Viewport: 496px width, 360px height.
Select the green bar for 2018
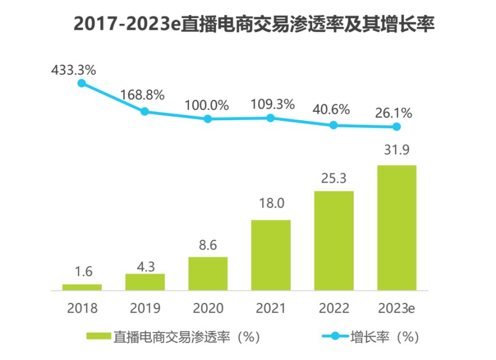click(82, 286)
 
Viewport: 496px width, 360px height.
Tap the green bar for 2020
click(208, 273)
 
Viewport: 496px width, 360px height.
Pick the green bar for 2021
click(271, 254)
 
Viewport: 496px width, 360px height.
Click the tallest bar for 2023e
click(397, 228)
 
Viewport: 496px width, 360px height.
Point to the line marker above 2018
click(82, 83)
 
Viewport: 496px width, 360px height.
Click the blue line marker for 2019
click(145, 111)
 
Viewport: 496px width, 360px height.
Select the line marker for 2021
click(271, 118)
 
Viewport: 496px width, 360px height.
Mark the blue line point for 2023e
click(397, 127)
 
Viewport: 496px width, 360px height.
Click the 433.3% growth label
click(74, 70)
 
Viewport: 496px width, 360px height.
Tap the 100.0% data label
click(207, 106)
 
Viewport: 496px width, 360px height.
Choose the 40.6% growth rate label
click(331, 110)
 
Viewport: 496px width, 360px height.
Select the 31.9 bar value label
click(397, 151)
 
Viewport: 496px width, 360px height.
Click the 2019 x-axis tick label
click(145, 308)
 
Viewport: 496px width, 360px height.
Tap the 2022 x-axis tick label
click(334, 308)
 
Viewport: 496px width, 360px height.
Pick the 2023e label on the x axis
click(397, 308)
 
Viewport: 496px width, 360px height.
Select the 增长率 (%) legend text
click(385, 337)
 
